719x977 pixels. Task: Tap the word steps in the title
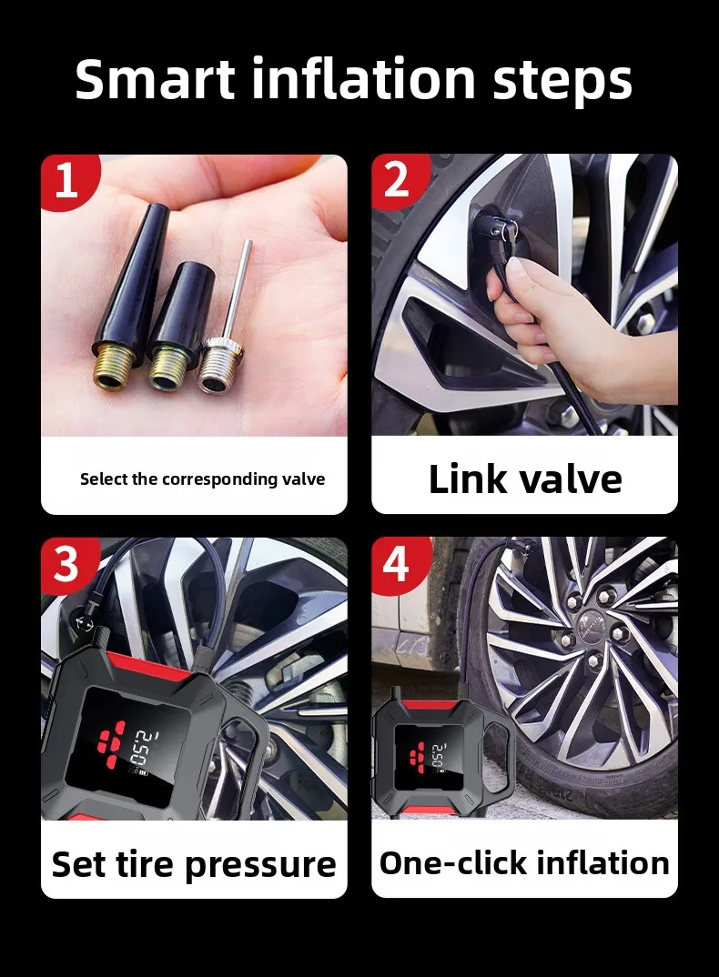tap(563, 82)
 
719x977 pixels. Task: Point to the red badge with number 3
tap(68, 565)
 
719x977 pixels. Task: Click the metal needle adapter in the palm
tap(227, 324)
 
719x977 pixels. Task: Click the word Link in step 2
tap(467, 479)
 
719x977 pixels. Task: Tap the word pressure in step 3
tap(260, 866)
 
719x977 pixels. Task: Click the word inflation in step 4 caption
tap(603, 863)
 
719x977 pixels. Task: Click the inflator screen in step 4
tap(427, 754)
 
